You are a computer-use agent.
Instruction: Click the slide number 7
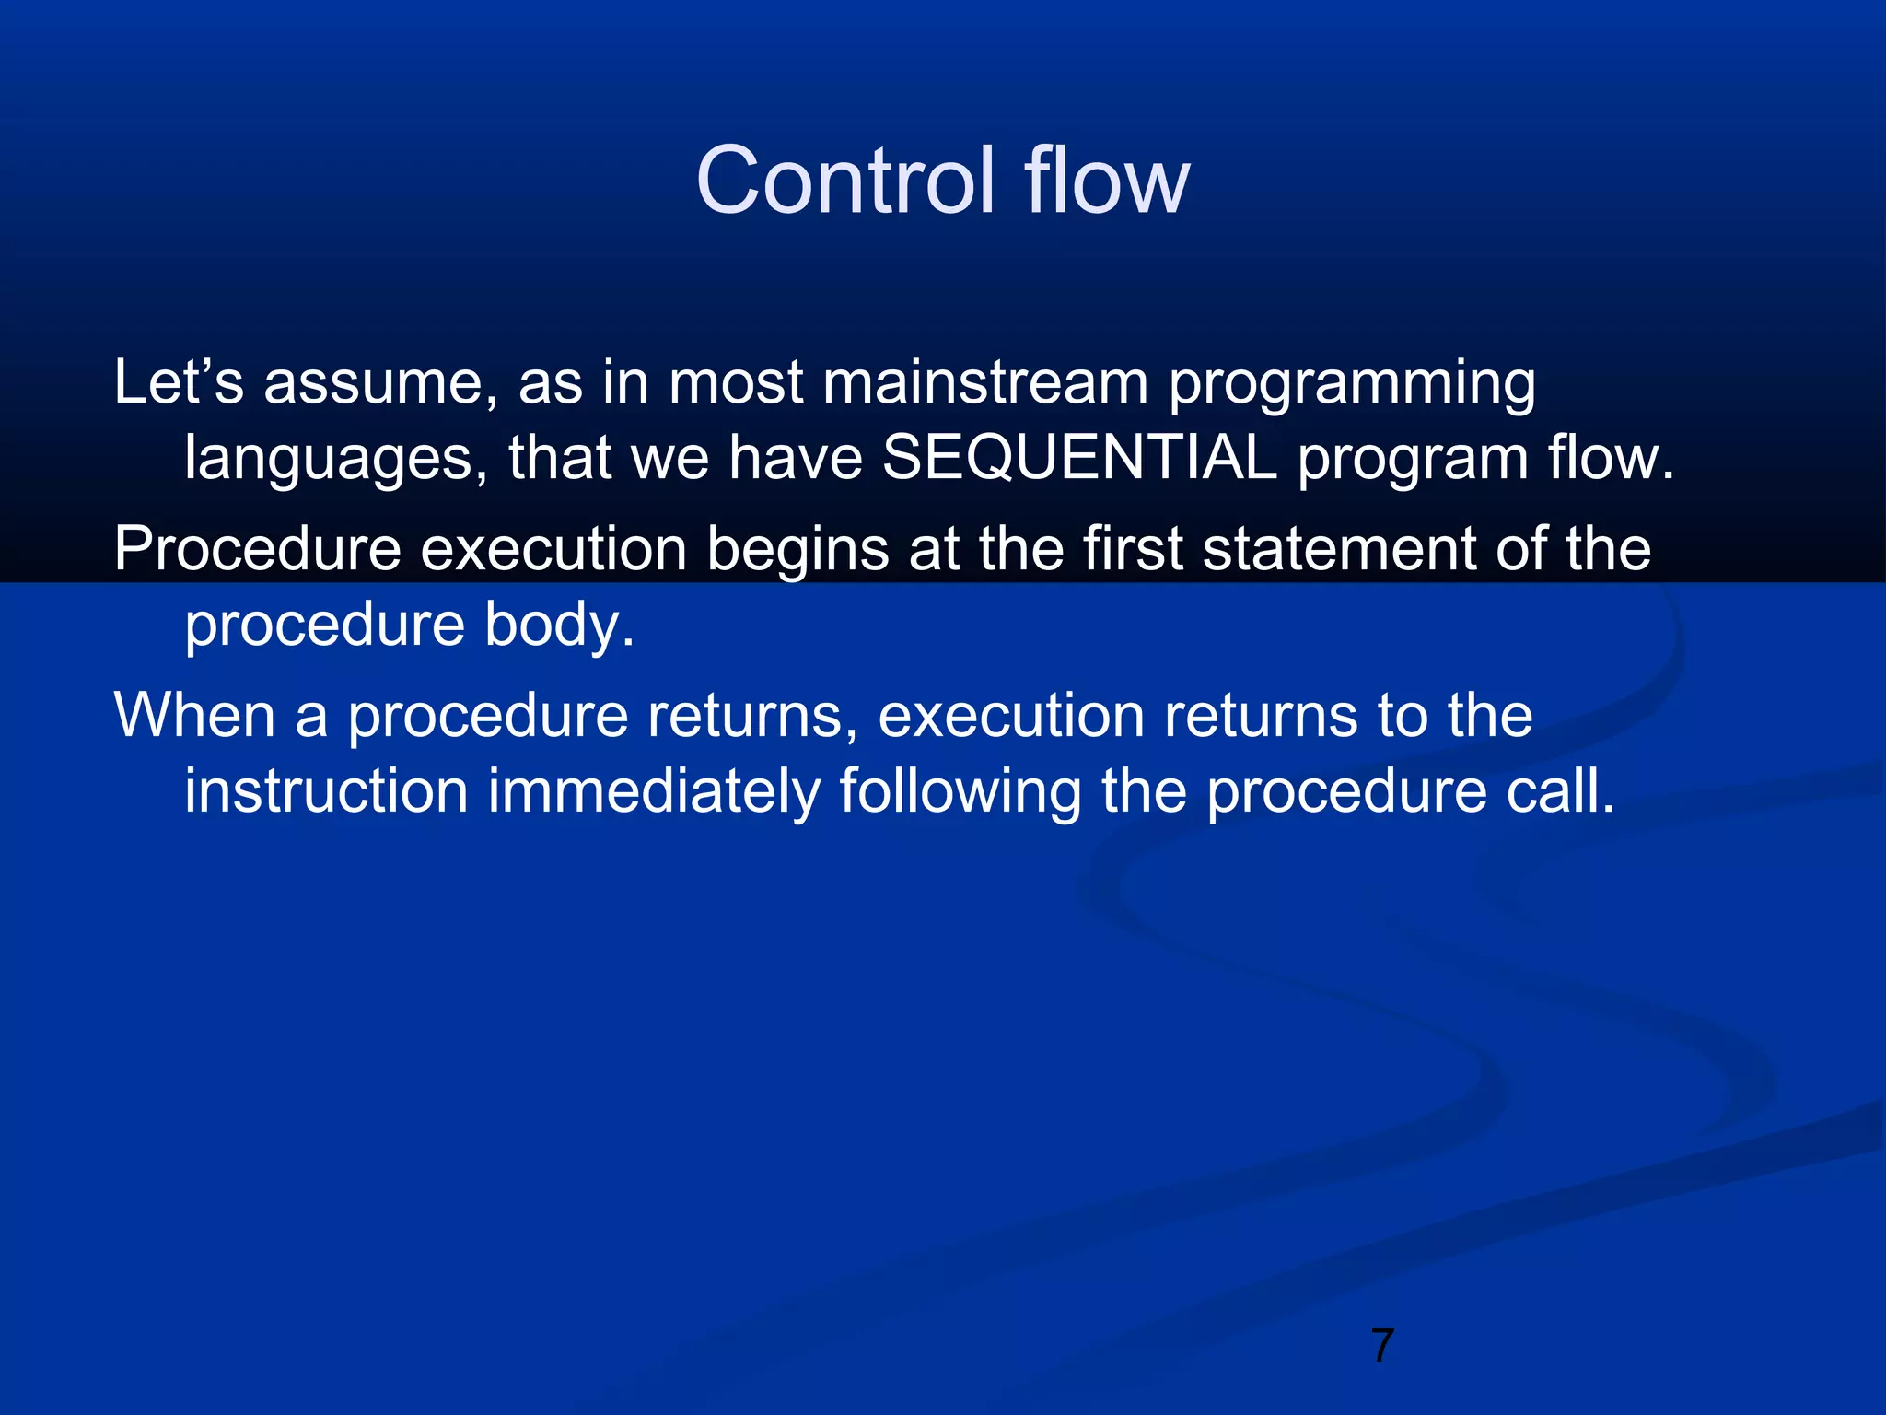click(1381, 1346)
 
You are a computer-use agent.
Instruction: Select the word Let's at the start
click(179, 382)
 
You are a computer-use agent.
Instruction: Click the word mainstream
click(985, 382)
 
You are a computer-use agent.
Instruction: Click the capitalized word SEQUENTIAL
click(1080, 458)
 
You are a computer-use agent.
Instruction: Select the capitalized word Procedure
click(258, 550)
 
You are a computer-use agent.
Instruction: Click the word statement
click(1340, 550)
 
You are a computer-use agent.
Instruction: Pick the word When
click(194, 716)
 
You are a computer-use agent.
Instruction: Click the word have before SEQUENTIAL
click(795, 458)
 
